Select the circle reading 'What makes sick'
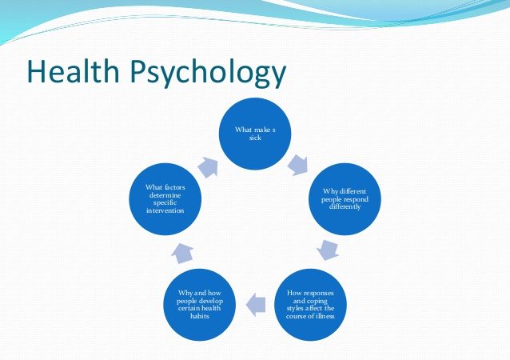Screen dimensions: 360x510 point(256,134)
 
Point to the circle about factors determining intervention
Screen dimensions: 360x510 point(165,198)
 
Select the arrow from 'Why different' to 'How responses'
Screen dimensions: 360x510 point(328,249)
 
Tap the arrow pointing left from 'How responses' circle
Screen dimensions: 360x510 point(254,302)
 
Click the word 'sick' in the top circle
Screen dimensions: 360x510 point(255,138)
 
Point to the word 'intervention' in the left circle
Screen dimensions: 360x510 point(165,210)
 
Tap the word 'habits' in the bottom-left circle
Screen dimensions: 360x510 point(200,315)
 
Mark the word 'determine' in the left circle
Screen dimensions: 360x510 point(165,195)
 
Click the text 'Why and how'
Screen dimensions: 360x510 point(199,292)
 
